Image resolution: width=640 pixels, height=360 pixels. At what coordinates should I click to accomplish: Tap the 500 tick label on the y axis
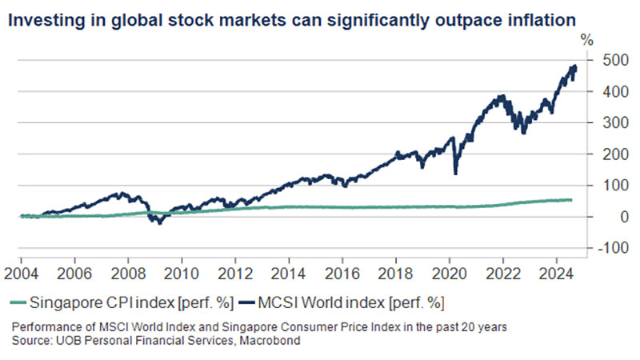[606, 60]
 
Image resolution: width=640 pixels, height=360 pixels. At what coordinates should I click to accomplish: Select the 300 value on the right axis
[606, 122]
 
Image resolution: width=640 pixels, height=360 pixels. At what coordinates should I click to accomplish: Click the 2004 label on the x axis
[20, 272]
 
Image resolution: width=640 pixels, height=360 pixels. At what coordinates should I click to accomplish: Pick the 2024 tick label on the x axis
[557, 272]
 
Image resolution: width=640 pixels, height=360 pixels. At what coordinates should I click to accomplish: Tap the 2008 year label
[127, 272]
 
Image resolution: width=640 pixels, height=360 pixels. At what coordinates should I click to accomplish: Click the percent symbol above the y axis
[587, 38]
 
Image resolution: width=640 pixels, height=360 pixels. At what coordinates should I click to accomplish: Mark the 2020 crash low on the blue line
[455, 173]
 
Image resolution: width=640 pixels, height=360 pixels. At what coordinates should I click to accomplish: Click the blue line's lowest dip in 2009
[159, 223]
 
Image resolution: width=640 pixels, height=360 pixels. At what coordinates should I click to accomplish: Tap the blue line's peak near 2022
[502, 97]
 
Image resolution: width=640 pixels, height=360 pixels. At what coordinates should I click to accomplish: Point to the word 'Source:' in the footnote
[30, 342]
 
